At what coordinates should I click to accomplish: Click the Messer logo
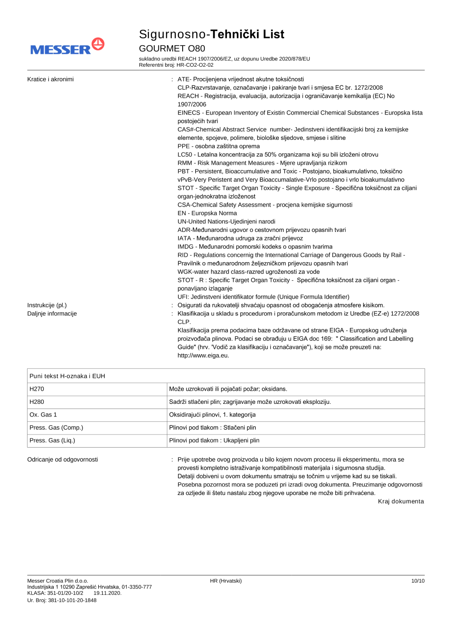(67, 47)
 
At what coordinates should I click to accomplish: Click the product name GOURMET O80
(172, 48)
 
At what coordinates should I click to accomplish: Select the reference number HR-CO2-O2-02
(195, 65)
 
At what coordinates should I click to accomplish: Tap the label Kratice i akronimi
(51, 79)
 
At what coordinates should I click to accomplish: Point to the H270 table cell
(37, 389)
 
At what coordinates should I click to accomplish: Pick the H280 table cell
(37, 402)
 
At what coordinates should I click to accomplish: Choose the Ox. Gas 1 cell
(43, 415)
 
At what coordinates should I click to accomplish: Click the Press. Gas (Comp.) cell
(56, 428)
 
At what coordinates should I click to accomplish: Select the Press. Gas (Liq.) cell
(52, 440)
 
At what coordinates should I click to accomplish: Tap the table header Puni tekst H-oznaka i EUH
(67, 376)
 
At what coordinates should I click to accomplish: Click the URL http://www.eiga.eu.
(203, 356)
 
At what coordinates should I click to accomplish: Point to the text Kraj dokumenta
(400, 501)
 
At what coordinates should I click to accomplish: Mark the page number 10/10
(418, 581)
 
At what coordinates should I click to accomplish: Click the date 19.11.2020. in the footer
(107, 593)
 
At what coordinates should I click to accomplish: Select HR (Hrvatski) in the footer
(225, 581)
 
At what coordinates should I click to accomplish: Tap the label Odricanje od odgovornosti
(63, 460)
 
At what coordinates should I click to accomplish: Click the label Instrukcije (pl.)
(47, 305)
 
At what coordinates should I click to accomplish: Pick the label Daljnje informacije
(52, 314)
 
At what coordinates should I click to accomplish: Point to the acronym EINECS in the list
(189, 113)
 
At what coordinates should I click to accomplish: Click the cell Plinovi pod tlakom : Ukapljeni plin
(214, 440)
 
